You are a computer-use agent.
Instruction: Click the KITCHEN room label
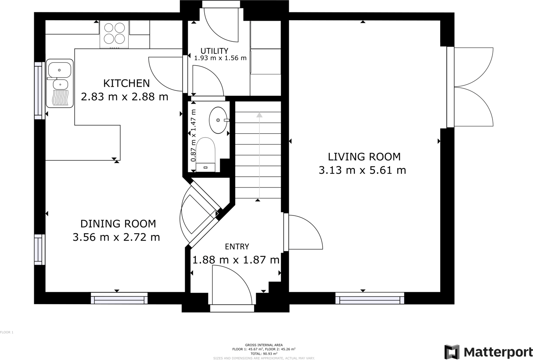pos(126,83)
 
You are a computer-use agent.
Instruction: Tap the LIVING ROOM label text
pos(364,157)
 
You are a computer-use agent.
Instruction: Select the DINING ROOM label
pos(118,224)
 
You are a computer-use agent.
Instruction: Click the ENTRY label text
pos(237,247)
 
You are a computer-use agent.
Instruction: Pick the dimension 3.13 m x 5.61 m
pos(362,170)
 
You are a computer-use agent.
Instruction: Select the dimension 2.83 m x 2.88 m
pos(125,97)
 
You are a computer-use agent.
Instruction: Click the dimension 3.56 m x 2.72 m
pos(116,237)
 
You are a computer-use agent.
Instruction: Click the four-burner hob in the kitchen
pos(114,33)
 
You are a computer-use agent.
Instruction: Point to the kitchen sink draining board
pos(60,97)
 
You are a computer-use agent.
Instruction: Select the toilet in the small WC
pos(205,155)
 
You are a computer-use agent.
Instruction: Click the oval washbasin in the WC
pos(218,120)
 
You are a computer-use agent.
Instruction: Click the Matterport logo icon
pos(452,352)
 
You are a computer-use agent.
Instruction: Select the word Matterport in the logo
pos(498,352)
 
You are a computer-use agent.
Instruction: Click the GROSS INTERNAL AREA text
pos(264,345)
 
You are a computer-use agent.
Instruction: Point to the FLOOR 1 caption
pos(7,332)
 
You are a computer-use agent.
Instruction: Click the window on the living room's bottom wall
pos(370,298)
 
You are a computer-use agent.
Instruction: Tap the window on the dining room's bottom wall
pos(119,298)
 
